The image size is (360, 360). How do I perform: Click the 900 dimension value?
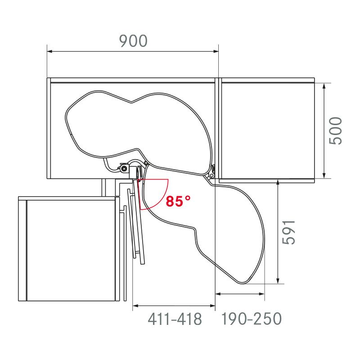133,41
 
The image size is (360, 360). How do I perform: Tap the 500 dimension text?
336,130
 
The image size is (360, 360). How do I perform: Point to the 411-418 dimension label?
175,319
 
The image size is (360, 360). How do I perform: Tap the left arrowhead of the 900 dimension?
50,52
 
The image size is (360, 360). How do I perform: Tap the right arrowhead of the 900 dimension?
216,52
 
